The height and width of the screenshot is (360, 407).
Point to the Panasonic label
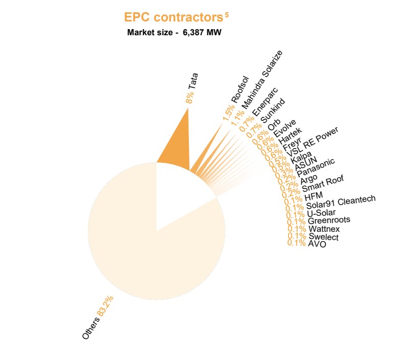coord(316,167)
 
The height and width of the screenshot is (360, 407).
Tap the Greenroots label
coord(329,221)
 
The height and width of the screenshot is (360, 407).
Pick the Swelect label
coord(323,237)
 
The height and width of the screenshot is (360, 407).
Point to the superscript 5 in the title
coord(226,15)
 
